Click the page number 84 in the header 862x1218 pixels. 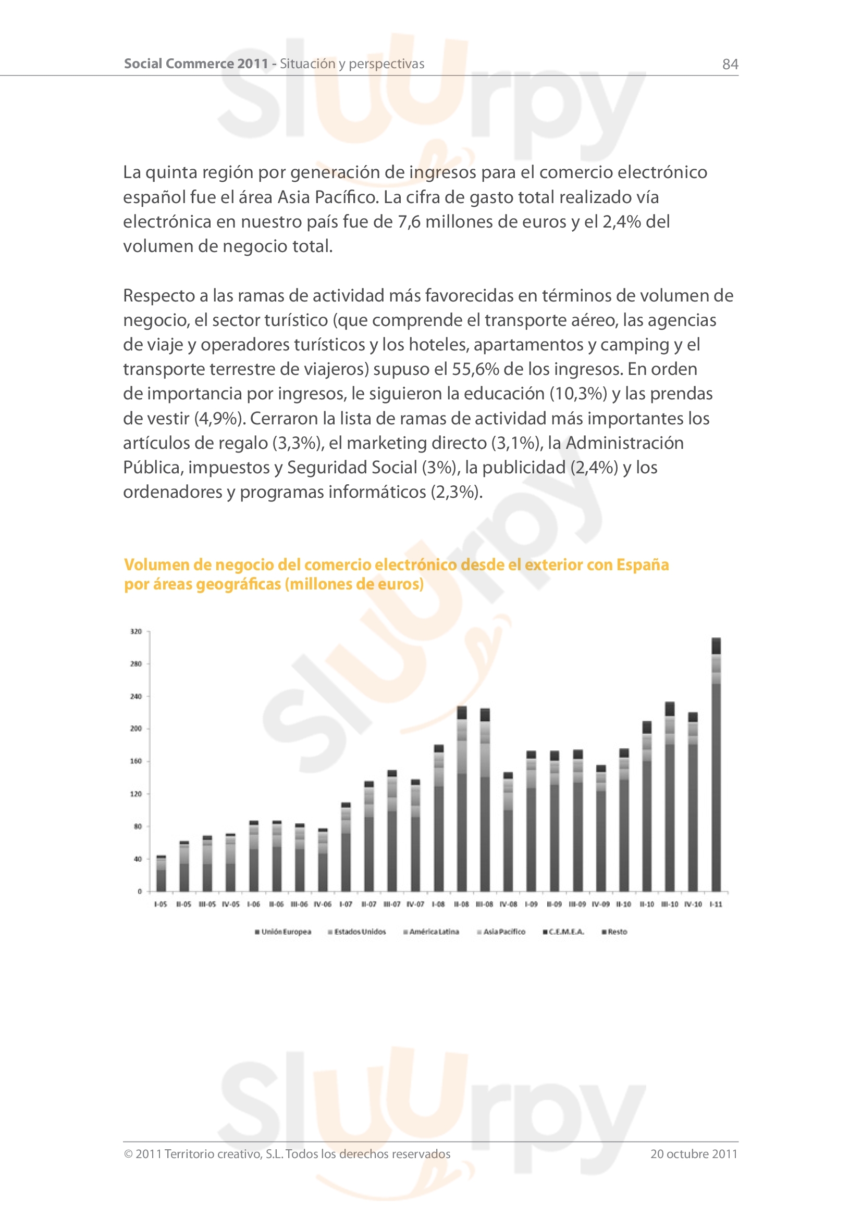click(x=730, y=64)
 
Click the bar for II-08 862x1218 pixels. click(x=462, y=799)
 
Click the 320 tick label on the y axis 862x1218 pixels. click(x=136, y=631)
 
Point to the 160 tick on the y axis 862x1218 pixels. click(x=136, y=761)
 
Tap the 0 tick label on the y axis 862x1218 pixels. click(x=140, y=891)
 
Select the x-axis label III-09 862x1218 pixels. click(x=577, y=904)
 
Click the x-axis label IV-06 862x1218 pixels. click(x=322, y=904)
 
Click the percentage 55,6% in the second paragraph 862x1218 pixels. click(x=475, y=369)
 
